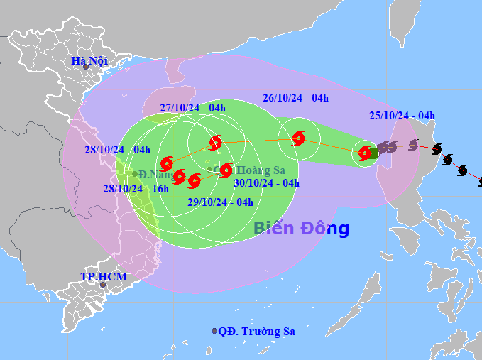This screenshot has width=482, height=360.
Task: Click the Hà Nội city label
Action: (x=89, y=61)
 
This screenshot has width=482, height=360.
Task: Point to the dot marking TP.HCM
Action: (x=103, y=285)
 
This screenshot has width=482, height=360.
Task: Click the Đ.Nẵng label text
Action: (x=155, y=174)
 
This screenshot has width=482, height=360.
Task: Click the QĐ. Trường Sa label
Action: (x=256, y=331)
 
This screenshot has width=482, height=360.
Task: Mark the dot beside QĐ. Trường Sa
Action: (x=214, y=331)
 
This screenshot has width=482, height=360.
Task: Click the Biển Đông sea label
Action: (x=301, y=229)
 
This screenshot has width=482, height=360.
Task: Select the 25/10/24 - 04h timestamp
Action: (x=402, y=116)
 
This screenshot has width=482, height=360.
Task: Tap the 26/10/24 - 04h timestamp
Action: (x=295, y=98)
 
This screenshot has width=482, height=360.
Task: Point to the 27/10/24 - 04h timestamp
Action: (x=192, y=108)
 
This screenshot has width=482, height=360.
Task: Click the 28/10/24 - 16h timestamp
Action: (x=136, y=188)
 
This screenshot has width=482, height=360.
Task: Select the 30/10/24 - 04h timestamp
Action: (x=266, y=182)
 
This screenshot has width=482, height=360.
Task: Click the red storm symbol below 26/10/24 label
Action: (x=298, y=138)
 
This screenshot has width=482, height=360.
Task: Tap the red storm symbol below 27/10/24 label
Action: (x=215, y=143)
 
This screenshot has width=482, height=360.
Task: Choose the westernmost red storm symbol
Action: (x=167, y=163)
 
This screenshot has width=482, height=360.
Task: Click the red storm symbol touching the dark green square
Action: (x=365, y=152)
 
